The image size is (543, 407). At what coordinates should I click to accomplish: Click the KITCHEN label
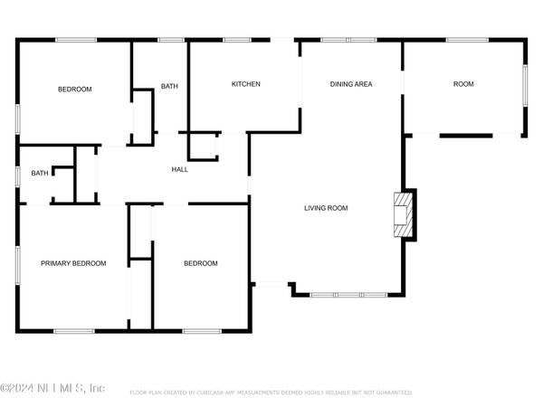[x=245, y=84]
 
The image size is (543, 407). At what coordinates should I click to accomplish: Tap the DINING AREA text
[x=351, y=84]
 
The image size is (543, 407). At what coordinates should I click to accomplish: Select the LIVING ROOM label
[x=326, y=208]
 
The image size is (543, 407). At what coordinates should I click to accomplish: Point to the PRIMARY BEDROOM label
[x=73, y=263]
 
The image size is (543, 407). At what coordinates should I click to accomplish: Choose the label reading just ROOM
[x=463, y=84]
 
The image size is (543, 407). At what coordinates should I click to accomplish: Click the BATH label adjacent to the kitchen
[x=170, y=86]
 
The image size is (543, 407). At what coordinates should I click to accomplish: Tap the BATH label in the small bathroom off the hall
[x=40, y=173]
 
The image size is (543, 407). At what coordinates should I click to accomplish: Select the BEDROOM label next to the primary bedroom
[x=201, y=263]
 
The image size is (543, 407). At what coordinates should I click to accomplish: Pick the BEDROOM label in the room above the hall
[x=74, y=89]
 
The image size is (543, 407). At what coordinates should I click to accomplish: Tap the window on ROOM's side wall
[x=524, y=87]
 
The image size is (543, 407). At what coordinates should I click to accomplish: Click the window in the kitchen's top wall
[x=237, y=40]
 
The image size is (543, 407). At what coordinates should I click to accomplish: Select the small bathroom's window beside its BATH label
[x=18, y=174]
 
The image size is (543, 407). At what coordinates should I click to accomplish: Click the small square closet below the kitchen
[x=203, y=147]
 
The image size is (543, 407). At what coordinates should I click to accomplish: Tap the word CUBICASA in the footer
[x=226, y=393]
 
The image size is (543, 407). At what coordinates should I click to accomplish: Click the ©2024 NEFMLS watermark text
[x=52, y=388]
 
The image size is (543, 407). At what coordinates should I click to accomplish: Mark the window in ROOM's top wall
[x=463, y=40]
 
